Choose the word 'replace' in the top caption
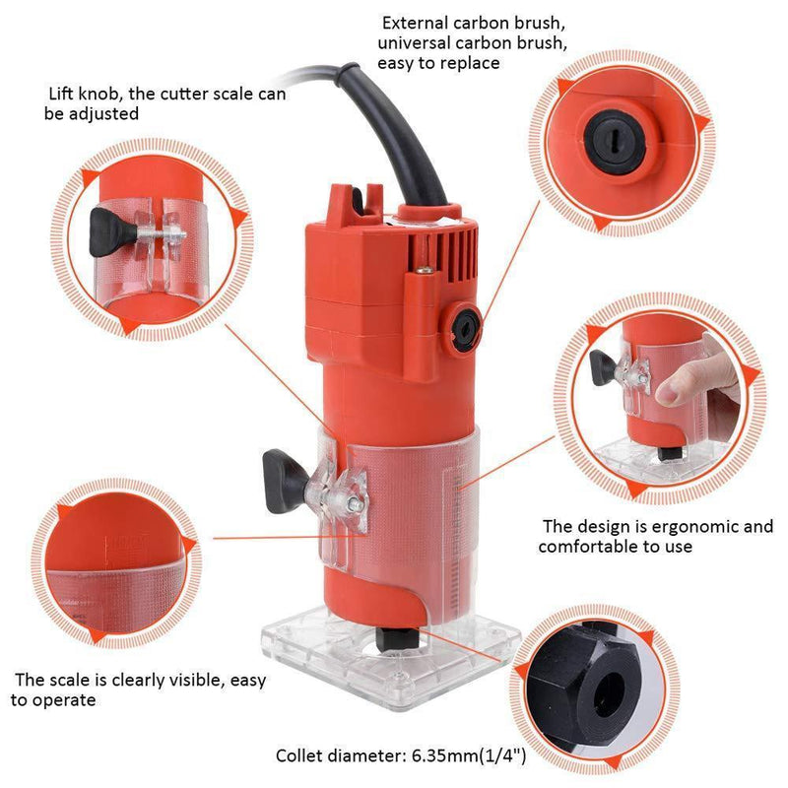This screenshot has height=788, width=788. click(474, 63)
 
